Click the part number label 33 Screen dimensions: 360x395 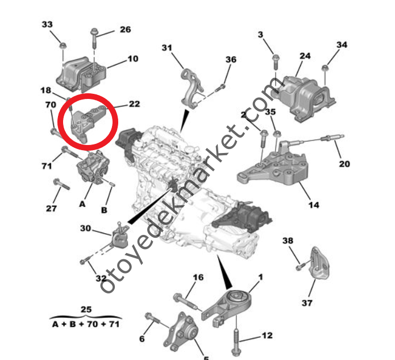pyautogui.click(x=47, y=24)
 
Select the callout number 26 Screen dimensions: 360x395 pyautogui.click(x=125, y=30)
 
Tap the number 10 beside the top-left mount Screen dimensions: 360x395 pyautogui.click(x=132, y=58)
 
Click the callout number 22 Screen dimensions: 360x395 pyautogui.click(x=134, y=104)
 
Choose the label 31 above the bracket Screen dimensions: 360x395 pyautogui.click(x=166, y=47)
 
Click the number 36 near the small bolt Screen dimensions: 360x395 pyautogui.click(x=231, y=59)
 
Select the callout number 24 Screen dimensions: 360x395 pyautogui.click(x=305, y=56)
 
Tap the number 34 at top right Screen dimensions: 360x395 pyautogui.click(x=342, y=44)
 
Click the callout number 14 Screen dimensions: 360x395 pyautogui.click(x=313, y=205)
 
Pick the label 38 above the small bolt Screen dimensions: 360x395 pyautogui.click(x=288, y=241)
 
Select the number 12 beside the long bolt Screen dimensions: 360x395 pyautogui.click(x=268, y=335)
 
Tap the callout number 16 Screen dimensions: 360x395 pyautogui.click(x=197, y=277)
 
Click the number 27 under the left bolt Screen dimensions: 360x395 pyautogui.click(x=51, y=208)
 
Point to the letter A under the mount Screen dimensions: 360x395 pyautogui.click(x=82, y=203)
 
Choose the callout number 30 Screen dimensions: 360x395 pyautogui.click(x=85, y=228)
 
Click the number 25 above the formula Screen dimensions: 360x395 pyautogui.click(x=86, y=309)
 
